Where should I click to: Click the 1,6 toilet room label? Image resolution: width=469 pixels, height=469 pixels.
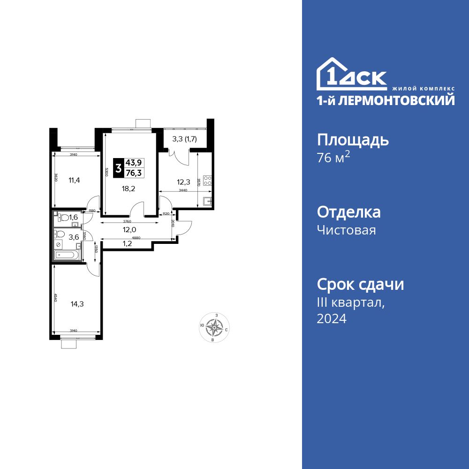tap(73, 217)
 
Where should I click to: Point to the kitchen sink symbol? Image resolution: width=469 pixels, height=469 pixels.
tap(207, 201)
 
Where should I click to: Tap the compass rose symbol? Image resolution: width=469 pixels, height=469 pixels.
tap(214, 327)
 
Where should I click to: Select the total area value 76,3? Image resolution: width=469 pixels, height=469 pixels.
tap(134, 173)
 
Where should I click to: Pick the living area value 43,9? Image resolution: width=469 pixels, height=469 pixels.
tap(134, 162)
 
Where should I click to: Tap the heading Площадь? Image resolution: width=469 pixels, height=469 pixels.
tap(353, 140)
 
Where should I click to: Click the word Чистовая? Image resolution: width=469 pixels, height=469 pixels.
tap(346, 230)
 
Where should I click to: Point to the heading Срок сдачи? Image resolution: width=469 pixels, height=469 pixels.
tap(360, 284)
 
